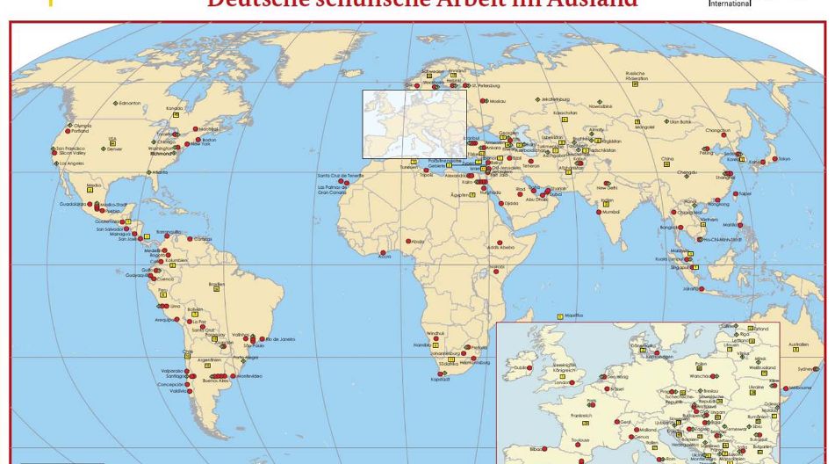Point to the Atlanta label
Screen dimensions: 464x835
click(x=160, y=172)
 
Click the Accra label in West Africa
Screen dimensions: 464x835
click(x=385, y=257)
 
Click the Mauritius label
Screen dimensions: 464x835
click(x=574, y=315)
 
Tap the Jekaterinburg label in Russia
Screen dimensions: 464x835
click(x=558, y=99)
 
